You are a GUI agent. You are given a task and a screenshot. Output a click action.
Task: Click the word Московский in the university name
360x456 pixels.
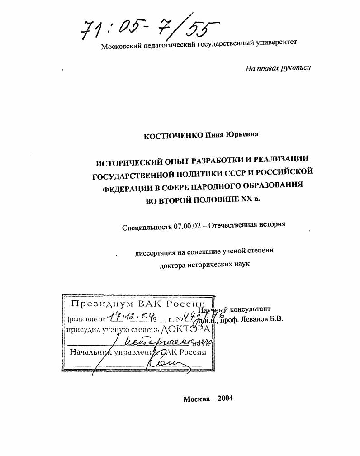pyautogui.click(x=119, y=46)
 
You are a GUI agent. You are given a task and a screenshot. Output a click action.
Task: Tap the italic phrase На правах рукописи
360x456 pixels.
pyautogui.click(x=278, y=68)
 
